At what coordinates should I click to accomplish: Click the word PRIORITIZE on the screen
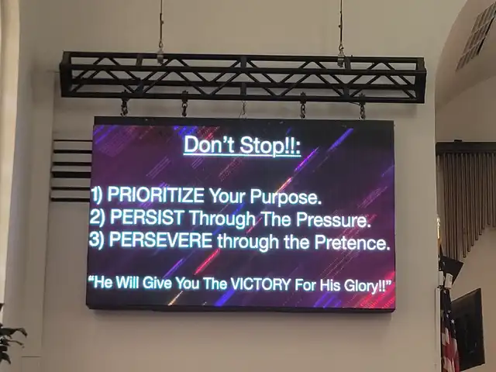point(156,195)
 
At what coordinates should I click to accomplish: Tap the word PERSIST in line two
point(146,217)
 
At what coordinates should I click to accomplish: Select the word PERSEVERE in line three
point(160,240)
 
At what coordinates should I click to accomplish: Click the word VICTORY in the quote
point(260,284)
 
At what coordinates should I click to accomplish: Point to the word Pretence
point(352,243)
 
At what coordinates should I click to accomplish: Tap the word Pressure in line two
point(333,220)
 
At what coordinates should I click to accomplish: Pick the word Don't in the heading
point(209,144)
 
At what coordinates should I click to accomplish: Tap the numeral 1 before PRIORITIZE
point(95,194)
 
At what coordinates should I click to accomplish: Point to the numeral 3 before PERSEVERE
point(94,239)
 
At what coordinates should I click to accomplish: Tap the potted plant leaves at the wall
point(10,343)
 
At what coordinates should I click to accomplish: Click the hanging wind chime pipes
point(465,196)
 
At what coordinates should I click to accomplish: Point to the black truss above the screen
point(243,77)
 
